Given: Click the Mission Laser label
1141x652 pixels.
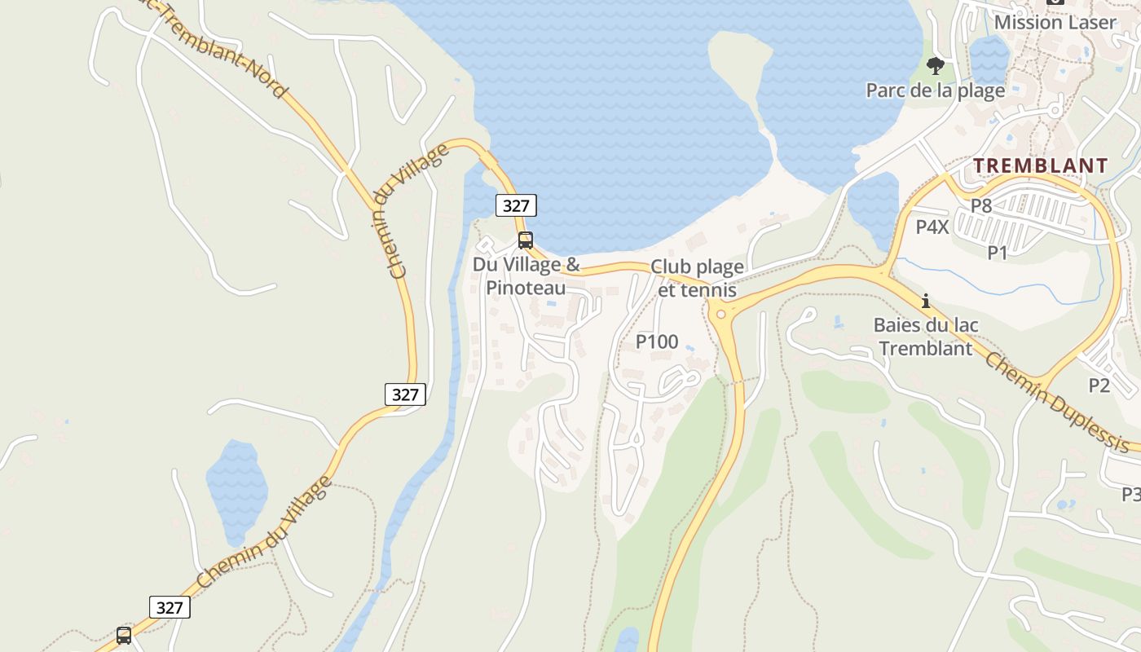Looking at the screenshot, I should coord(1055,22).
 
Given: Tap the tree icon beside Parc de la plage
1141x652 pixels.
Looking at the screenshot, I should coord(936,65).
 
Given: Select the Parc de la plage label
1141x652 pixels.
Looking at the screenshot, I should coord(935,90).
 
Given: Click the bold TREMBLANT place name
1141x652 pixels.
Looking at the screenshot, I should coord(1041,165).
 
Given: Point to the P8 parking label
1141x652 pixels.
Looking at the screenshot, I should coord(981,205).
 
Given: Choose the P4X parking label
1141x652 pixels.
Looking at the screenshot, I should coord(932,227).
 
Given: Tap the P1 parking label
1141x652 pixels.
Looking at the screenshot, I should coord(998,253).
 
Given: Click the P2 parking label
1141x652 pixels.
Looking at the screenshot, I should coord(1099,384).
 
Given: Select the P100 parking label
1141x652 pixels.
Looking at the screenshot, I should coord(657,341).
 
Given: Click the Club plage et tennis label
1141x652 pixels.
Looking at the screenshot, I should coord(696,278).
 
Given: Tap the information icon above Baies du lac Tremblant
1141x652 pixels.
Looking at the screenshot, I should coord(925,301).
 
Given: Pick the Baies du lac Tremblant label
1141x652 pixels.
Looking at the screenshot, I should coord(926,337).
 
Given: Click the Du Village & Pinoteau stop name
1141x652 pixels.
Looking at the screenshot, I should coord(526,275).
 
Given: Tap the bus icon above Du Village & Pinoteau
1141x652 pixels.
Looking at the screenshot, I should coord(526,240).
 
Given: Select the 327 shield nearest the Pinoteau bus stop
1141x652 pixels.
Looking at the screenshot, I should coord(516,205).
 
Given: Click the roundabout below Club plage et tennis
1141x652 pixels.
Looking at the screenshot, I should coord(721,314).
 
